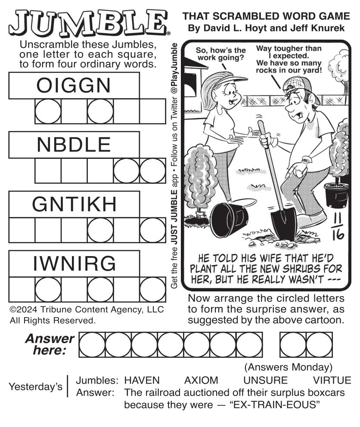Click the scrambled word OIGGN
click(74, 85)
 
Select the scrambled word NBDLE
click(74, 145)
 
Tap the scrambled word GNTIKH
click(74, 204)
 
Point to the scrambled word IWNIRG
click(74, 263)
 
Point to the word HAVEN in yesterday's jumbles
click(142, 380)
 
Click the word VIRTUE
click(332, 380)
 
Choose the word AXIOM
click(201, 380)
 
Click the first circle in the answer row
click(92, 345)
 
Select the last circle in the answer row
click(320, 345)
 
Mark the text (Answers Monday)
click(289, 367)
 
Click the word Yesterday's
click(35, 387)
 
